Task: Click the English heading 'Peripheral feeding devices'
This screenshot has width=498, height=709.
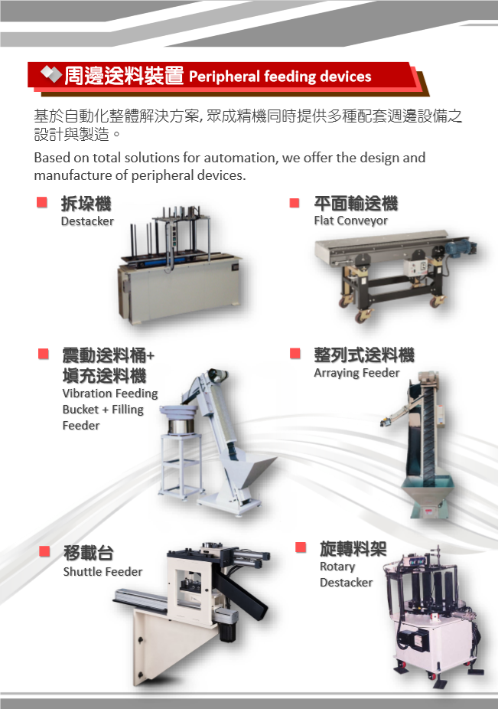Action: coord(280,77)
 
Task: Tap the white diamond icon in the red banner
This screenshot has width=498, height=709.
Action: coord(51,74)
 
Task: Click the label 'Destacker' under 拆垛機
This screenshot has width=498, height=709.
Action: coord(87,221)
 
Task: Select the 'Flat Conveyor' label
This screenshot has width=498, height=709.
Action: coord(350,221)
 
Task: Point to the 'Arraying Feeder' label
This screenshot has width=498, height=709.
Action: coord(356,373)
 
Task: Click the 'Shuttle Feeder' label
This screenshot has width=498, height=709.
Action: coord(103,571)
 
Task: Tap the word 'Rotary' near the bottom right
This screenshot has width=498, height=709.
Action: coord(337,567)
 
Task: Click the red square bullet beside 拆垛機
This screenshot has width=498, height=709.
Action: coord(42,202)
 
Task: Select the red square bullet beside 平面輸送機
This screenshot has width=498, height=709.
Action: coord(295,203)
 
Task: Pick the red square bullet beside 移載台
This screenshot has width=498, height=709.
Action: coord(44,551)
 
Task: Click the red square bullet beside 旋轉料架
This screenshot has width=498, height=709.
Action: coord(301,547)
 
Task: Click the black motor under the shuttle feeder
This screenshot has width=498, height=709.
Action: coord(227,629)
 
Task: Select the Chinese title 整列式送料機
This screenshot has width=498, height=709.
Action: coord(364,355)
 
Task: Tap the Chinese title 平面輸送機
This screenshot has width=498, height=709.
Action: coord(356,204)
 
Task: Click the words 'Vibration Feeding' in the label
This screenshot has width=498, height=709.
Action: coord(110,394)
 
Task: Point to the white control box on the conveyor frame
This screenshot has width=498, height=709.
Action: coord(416,266)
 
